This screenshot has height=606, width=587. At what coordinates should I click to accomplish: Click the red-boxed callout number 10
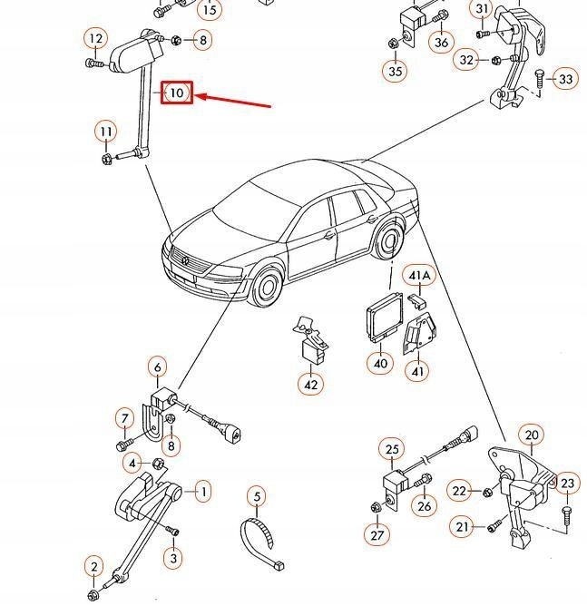(177, 93)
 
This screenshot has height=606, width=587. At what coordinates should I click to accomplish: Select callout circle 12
(95, 38)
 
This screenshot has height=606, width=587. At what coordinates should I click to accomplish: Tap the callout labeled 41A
(418, 275)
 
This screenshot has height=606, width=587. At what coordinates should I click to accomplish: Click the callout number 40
(380, 364)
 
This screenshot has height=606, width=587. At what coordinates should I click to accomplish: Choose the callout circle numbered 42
(310, 384)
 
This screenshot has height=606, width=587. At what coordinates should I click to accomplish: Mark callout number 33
(565, 79)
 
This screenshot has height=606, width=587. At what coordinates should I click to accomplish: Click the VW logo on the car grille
(187, 261)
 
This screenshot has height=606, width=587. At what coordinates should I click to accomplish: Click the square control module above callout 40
(380, 321)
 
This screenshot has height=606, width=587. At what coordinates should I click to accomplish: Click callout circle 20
(532, 435)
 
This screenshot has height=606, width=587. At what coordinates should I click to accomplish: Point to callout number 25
(392, 449)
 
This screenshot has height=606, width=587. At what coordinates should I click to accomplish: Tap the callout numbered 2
(94, 568)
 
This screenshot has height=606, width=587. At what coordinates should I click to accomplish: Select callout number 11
(106, 132)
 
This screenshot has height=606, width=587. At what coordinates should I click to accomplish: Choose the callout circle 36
(441, 42)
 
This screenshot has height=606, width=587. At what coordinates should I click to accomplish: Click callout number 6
(158, 367)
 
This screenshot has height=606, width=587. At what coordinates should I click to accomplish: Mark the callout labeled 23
(567, 483)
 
